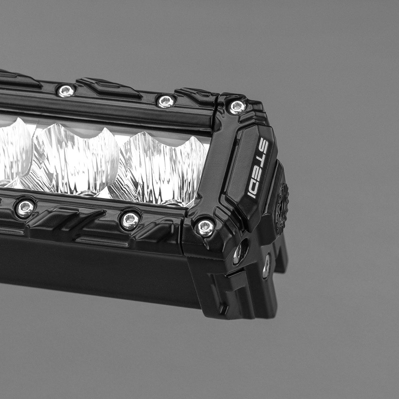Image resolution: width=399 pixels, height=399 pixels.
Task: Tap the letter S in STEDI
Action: [x=263, y=144]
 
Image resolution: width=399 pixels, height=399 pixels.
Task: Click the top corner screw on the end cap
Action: [x=237, y=107]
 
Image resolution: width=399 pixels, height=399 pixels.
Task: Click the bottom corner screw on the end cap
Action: [x=205, y=227]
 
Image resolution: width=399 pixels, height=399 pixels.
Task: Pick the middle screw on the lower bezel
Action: [x=130, y=220]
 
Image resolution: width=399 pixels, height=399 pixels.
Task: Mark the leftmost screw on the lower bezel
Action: [x=25, y=208]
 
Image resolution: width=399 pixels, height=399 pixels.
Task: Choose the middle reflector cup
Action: [x=74, y=158]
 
